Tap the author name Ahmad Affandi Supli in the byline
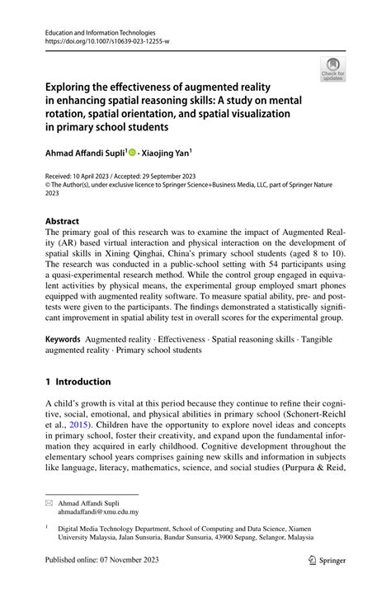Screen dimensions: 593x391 pos(84,153)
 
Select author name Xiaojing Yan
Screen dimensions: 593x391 pos(165,153)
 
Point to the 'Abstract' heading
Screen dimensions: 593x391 pos(63,221)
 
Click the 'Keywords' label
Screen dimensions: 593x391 pos(63,339)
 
